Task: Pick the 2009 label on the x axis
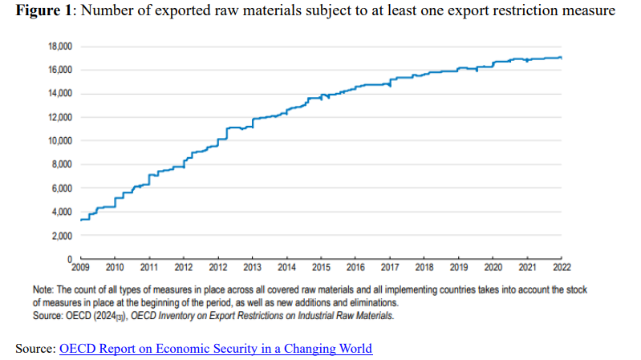pyautogui.click(x=80, y=266)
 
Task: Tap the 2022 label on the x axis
pyautogui.click(x=562, y=266)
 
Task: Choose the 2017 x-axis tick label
pyautogui.click(x=390, y=266)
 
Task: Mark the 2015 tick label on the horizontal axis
pyautogui.click(x=321, y=266)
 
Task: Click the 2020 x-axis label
pyautogui.click(x=493, y=266)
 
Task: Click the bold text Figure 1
pyautogui.click(x=39, y=10)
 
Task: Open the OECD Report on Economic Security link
pyautogui.click(x=216, y=349)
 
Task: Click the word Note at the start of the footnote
pyautogui.click(x=43, y=288)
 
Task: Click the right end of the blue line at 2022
pyautogui.click(x=561, y=58)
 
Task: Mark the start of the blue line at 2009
pyautogui.click(x=81, y=219)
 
